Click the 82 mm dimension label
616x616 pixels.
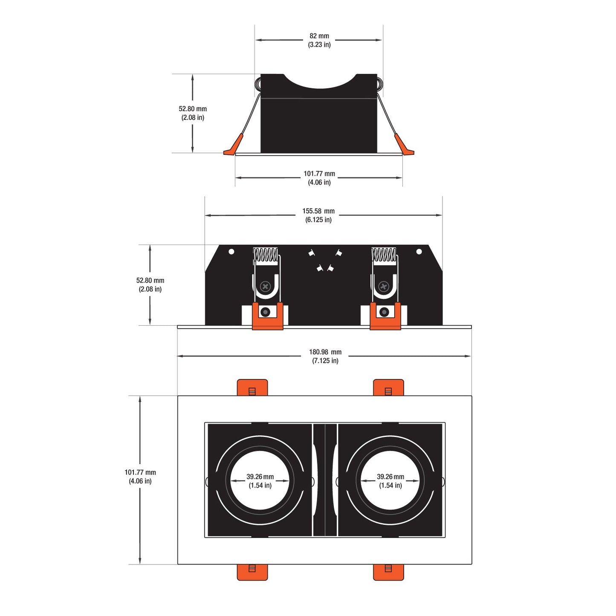319,36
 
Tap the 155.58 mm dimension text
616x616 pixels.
318,211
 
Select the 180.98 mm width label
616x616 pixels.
325,352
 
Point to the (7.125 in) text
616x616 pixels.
325,361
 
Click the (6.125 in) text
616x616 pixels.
318,220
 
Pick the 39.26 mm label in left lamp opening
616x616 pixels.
260,477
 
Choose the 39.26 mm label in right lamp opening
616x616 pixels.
390,477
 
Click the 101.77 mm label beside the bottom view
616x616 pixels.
140,472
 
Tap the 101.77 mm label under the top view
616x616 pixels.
319,174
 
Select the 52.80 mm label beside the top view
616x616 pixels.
192,109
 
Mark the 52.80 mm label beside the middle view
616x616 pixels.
150,281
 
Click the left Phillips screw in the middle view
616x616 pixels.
265,286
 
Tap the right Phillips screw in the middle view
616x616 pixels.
383,286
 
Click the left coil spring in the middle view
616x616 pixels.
265,255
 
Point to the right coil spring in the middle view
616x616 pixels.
384,255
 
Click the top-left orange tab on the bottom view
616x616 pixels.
252,388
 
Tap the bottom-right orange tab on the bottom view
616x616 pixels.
388,572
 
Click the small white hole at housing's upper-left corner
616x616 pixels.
231,252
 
